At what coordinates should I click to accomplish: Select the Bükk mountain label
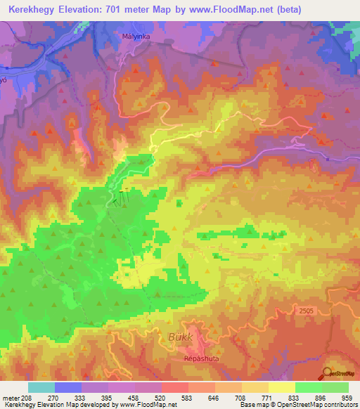[x=181, y=337]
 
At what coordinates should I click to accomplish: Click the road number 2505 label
[x=304, y=309]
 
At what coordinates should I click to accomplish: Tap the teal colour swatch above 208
[x=41, y=387]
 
